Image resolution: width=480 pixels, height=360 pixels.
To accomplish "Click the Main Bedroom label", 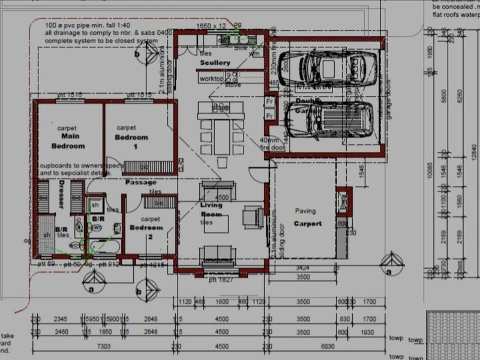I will coord(67,142).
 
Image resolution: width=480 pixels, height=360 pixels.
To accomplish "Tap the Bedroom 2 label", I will coord(146,228).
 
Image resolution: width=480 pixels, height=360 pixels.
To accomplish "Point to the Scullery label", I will coord(215,62).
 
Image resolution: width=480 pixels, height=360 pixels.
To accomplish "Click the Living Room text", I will coord(211,209).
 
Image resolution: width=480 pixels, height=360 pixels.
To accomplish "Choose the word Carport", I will coord(307,224).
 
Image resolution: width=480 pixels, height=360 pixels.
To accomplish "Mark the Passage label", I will coord(140,182).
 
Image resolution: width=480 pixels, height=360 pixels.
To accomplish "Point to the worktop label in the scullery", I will coord(211,79).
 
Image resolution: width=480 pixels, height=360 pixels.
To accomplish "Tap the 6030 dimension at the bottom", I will coord(326,346).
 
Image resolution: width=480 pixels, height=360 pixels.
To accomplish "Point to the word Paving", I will coord(305,211).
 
